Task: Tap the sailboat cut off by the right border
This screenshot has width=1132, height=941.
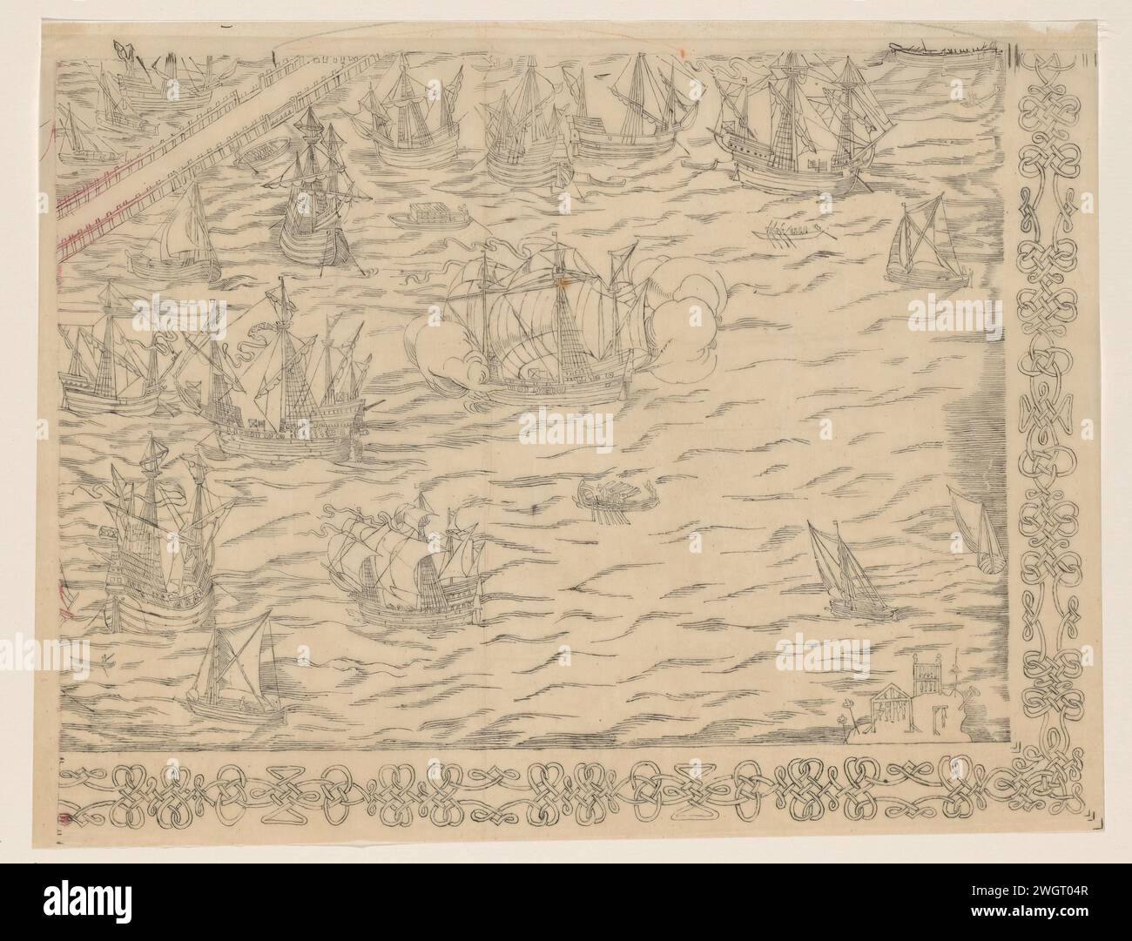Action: pyautogui.click(x=975, y=531)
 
